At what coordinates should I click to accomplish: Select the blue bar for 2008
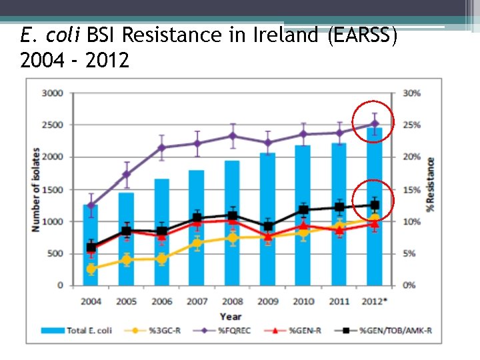(232, 227)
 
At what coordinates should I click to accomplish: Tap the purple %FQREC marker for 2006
(161, 147)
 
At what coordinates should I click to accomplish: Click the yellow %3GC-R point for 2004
(91, 269)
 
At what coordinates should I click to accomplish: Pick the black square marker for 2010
(304, 210)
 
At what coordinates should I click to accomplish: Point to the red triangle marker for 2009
(268, 236)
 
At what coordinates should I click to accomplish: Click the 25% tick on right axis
(411, 125)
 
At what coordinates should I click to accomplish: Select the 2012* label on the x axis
(374, 301)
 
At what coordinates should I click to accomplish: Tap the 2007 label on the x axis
(197, 301)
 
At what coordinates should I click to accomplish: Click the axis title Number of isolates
(35, 190)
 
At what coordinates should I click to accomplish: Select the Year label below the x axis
(231, 315)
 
